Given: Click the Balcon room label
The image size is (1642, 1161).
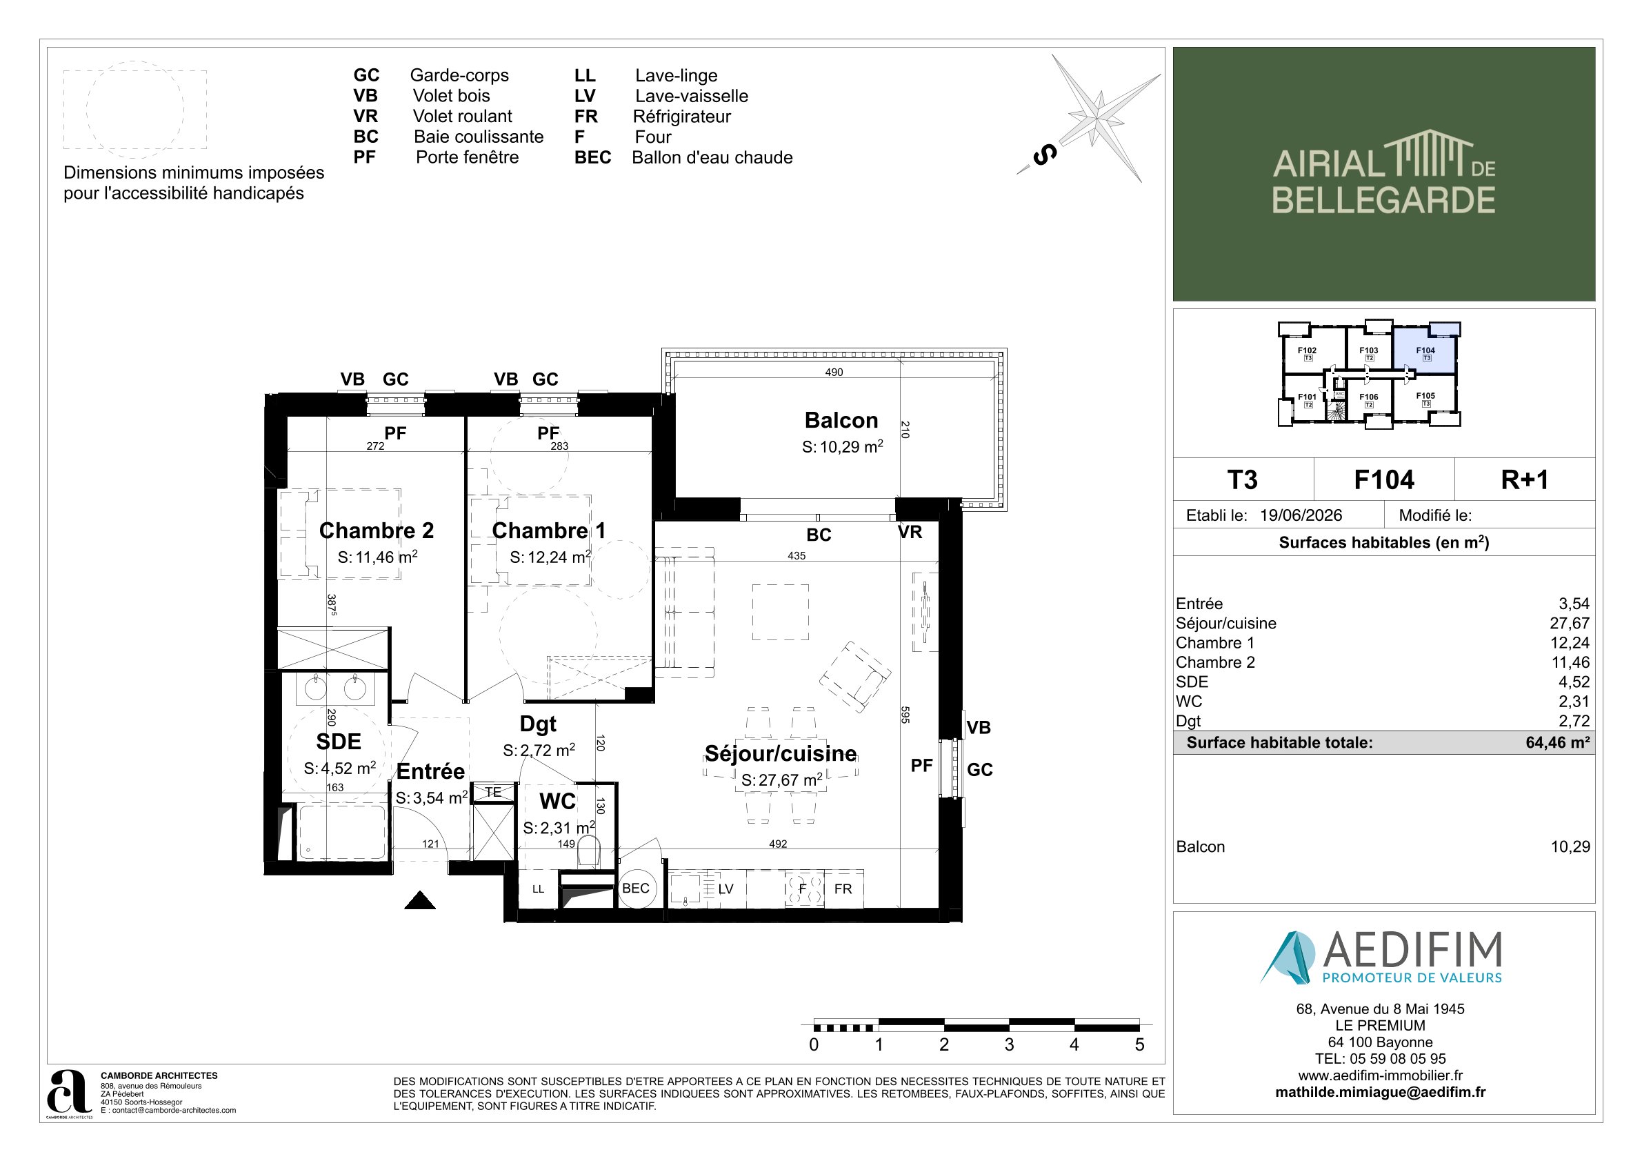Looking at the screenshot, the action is tap(841, 420).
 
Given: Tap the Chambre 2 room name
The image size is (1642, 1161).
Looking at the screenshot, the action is tap(376, 530).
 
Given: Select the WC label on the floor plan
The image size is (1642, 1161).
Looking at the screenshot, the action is tap(558, 801).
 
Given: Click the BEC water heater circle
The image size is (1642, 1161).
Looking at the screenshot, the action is tap(637, 889).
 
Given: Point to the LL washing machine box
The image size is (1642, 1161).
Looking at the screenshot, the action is tap(538, 889).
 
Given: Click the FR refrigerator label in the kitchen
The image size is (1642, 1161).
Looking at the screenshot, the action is tap(843, 889).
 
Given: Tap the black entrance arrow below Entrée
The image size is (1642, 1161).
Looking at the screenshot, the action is tap(420, 900).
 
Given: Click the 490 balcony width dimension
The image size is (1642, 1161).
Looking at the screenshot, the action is tap(834, 372).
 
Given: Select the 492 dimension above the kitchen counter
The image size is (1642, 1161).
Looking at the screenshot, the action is tap(778, 844).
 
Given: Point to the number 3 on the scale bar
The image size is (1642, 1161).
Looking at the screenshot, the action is tap(1009, 1044).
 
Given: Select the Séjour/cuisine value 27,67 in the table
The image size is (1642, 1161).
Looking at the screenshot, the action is tap(1570, 623).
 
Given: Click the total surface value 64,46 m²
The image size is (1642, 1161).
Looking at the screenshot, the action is tap(1558, 742).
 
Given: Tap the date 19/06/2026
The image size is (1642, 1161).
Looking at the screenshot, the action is tap(1301, 515).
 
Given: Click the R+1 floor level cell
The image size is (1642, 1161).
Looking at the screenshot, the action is tap(1525, 479).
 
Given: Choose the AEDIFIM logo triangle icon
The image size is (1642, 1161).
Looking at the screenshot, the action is tap(1288, 956).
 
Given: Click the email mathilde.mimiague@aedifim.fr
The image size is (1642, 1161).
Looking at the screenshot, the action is tap(1380, 1092).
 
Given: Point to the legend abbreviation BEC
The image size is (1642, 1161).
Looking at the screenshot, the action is tap(592, 157).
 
